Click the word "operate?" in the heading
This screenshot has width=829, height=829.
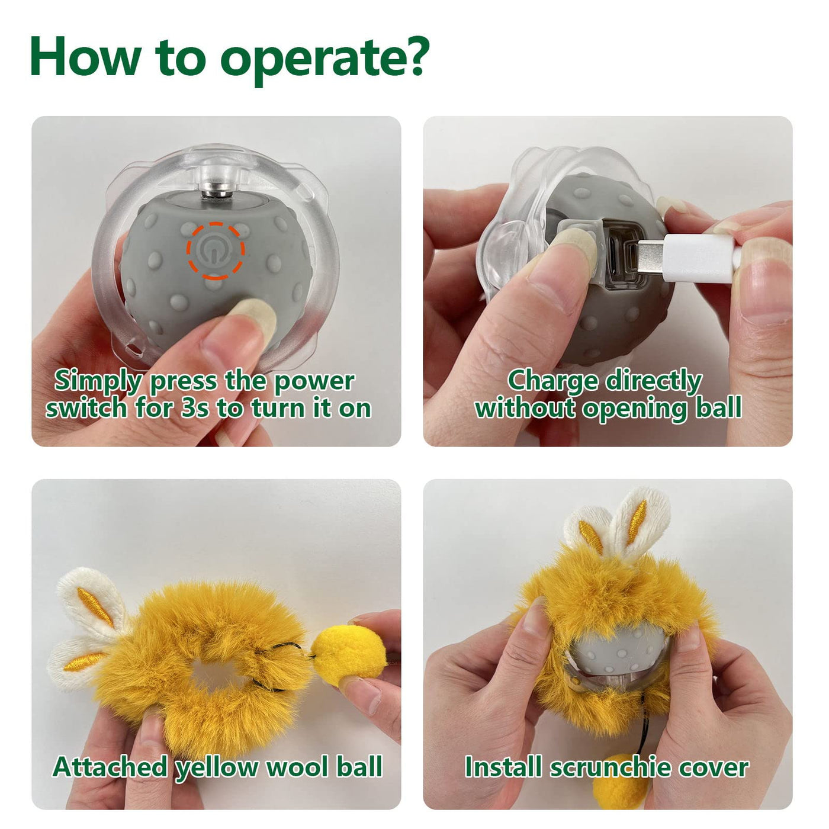point(325,59)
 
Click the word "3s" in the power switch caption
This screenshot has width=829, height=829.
point(195,408)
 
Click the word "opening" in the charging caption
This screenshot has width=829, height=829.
point(635,409)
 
